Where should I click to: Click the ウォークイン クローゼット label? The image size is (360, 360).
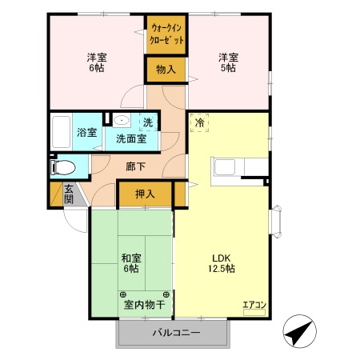[x=166, y=34]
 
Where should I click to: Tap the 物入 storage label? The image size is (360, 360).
[x=166, y=70]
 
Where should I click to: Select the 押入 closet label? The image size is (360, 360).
[x=145, y=194]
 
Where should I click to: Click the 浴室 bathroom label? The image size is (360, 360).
[x=86, y=133]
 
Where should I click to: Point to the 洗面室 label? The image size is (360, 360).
[x=131, y=138]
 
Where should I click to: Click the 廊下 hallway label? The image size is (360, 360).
[x=135, y=167]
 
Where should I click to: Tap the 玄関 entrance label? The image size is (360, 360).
[x=69, y=194]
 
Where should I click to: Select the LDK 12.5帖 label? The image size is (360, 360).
[x=222, y=263]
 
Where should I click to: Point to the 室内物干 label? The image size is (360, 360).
[x=144, y=304]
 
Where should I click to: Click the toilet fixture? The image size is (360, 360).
[x=62, y=167]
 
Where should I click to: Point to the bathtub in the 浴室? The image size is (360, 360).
[x=61, y=133]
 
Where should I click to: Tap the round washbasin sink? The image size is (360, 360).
[x=122, y=122]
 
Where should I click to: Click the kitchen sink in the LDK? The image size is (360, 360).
[x=225, y=168]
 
